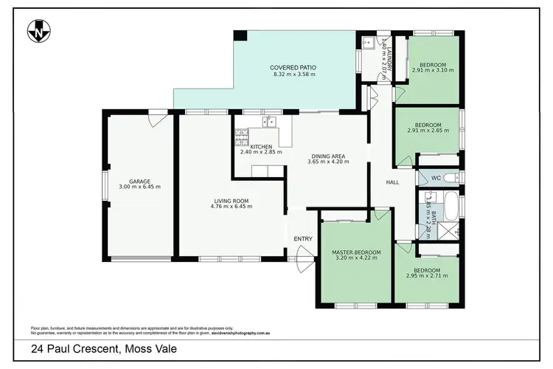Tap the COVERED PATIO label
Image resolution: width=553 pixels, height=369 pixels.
[x=293, y=66]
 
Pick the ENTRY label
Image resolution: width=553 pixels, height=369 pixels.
[x=303, y=238]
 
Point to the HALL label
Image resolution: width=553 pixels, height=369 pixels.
[x=393, y=182]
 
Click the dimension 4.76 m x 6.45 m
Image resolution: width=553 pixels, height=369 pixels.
[x=231, y=207]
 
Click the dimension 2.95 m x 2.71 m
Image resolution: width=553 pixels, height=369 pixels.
[x=427, y=276]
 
